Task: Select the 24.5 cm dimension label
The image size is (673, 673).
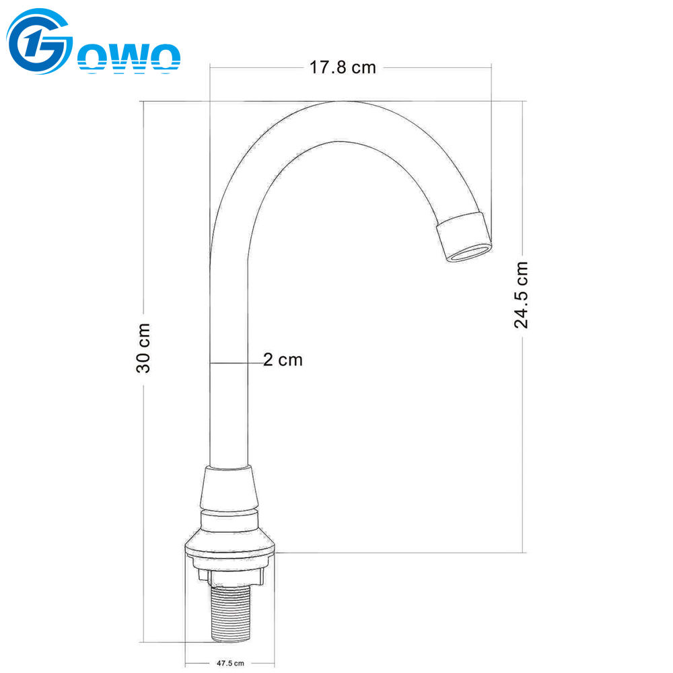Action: [522, 295]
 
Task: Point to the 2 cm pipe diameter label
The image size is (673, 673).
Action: [283, 360]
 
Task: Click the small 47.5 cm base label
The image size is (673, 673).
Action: [230, 663]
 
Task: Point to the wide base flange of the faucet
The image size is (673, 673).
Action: [231, 545]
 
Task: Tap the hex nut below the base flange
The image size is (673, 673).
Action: [231, 575]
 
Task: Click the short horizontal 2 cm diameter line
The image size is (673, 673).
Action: [236, 363]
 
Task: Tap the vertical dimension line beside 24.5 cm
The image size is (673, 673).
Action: [524, 437]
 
